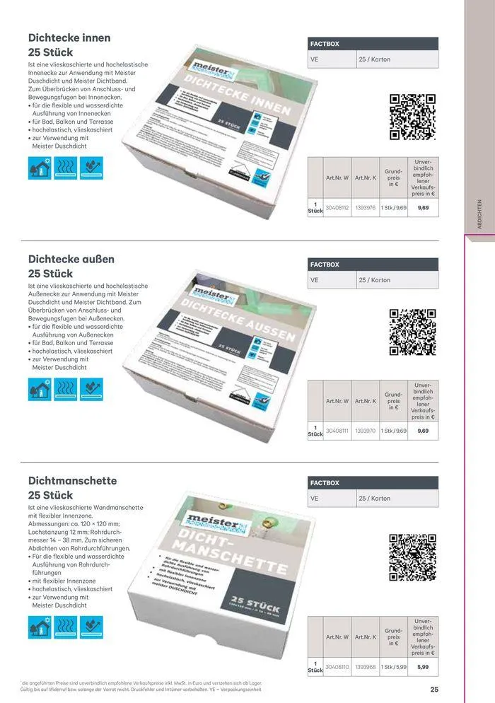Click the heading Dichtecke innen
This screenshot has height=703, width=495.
click(x=69, y=37)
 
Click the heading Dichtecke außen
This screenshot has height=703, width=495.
click(x=71, y=259)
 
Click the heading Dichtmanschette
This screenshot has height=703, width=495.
click(x=72, y=481)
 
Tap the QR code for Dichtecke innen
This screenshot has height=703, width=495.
click(x=412, y=117)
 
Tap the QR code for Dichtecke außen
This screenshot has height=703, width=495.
click(x=412, y=332)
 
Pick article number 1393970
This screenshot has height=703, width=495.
click(x=365, y=431)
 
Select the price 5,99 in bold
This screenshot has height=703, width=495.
click(x=423, y=666)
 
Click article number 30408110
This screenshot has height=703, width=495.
click(x=337, y=666)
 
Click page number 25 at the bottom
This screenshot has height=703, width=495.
click(x=434, y=690)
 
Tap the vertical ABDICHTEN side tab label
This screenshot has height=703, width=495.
click(x=479, y=211)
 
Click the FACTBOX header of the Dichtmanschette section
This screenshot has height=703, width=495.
click(x=325, y=483)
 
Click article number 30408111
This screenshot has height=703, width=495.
click(x=337, y=431)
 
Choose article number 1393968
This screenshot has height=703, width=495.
click(x=365, y=666)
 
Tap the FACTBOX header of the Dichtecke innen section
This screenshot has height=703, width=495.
click(x=325, y=44)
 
